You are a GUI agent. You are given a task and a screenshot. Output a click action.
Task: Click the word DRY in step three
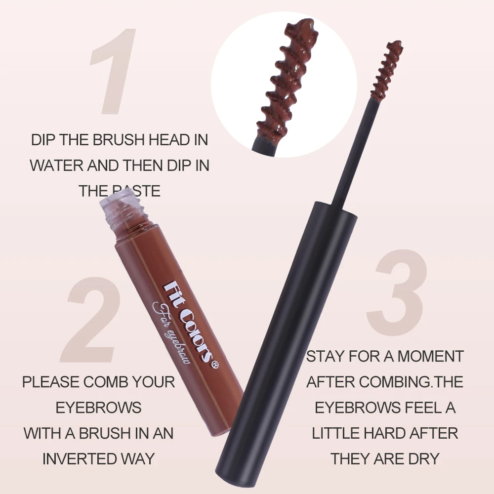[423, 458]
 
